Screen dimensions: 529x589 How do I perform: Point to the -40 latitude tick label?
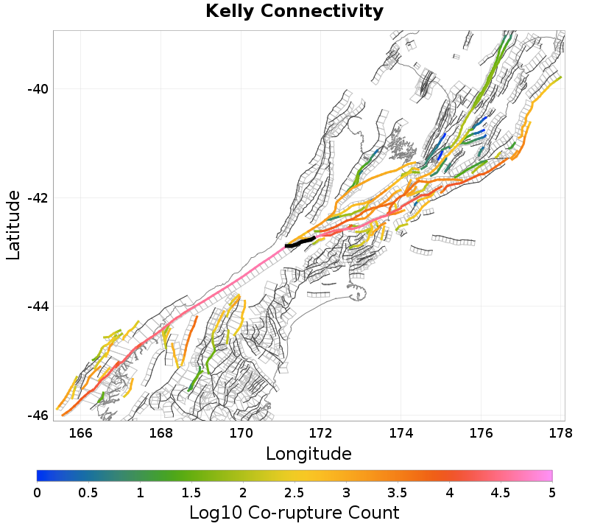point(38,89)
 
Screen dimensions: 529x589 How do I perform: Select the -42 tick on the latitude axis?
point(38,198)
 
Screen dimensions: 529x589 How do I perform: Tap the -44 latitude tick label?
point(38,306)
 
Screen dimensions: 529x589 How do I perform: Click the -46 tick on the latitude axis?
point(38,415)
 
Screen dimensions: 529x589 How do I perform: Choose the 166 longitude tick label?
point(81,433)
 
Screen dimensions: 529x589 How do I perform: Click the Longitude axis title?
point(308,452)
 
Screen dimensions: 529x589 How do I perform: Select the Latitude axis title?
point(13,225)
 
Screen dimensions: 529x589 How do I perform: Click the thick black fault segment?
point(300,242)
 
